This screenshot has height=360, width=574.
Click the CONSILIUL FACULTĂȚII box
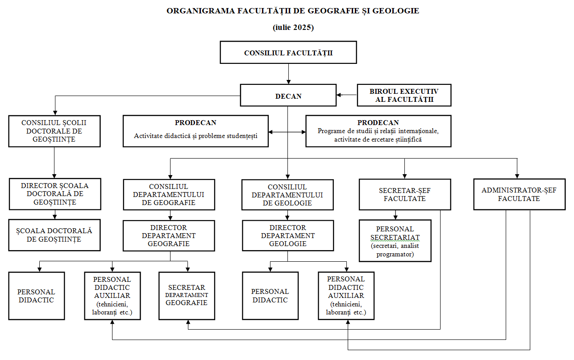(x=288, y=52)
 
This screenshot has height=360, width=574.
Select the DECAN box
(x=288, y=96)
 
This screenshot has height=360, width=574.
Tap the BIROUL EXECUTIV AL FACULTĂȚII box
(x=404, y=96)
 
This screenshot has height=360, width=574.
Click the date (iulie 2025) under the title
(x=293, y=27)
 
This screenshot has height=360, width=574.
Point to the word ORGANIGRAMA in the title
(x=201, y=11)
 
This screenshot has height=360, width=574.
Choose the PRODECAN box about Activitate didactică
(x=195, y=131)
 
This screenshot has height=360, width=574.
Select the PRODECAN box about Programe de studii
(x=379, y=131)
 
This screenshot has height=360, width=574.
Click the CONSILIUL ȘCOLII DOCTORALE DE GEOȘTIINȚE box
(x=54, y=131)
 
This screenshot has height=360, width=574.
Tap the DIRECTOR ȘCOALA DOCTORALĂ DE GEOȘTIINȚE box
(x=55, y=194)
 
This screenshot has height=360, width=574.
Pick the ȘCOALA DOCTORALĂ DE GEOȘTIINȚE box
(x=54, y=235)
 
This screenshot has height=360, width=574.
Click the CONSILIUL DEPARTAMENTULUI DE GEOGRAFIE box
(x=169, y=195)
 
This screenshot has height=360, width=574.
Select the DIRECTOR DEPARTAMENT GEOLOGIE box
(x=288, y=236)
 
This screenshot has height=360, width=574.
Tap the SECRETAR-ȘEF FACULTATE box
(x=405, y=194)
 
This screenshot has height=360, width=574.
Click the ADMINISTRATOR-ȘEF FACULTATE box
(x=520, y=194)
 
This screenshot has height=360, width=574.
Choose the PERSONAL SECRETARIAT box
(x=395, y=241)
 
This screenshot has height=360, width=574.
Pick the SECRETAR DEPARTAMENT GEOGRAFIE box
(x=187, y=296)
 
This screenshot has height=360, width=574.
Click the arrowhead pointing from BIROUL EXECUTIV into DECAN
(x=339, y=95)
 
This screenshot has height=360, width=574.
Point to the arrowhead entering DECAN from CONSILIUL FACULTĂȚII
(x=288, y=82)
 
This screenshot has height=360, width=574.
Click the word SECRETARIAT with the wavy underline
(x=395, y=238)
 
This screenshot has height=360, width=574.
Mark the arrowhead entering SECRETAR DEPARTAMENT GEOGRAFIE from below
(x=188, y=322)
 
